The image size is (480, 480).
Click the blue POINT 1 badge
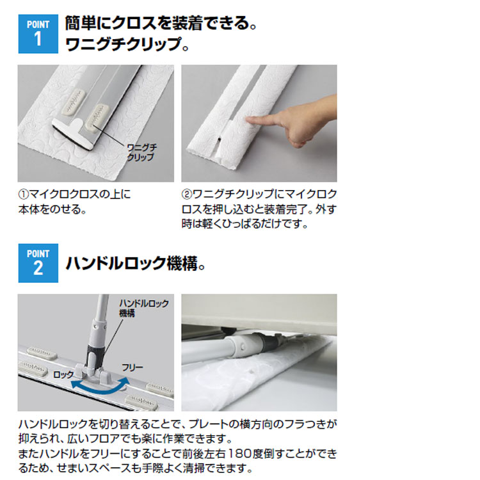pos(38,34)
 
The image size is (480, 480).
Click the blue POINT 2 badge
pos(38,263)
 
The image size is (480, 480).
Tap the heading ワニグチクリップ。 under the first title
pos(127,45)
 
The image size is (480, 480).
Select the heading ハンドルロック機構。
pos(135,263)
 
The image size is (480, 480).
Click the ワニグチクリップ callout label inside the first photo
pos(141,152)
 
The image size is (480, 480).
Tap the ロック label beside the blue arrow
pos(63,374)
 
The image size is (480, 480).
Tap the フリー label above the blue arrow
pos(132,367)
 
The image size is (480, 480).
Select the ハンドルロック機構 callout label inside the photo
pos(143,308)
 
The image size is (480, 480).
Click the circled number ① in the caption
pos(24,195)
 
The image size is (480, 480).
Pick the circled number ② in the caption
pos(187,195)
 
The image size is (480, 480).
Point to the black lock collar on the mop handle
pos(94,351)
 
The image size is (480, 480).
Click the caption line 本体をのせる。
pos(52,209)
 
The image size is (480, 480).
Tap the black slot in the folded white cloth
pos(220,140)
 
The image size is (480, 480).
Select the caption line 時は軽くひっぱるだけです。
pos(245,224)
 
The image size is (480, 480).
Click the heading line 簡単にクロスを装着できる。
pos(161,24)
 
